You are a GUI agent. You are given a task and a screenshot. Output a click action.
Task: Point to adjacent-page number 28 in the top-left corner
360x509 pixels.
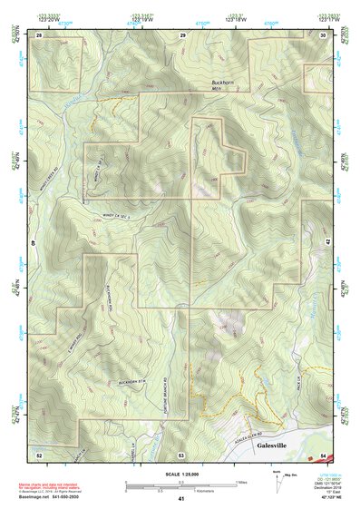(39, 34)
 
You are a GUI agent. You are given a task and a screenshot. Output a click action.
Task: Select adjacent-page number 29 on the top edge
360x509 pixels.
(182, 34)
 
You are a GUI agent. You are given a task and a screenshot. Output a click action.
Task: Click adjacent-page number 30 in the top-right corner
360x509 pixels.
(324, 34)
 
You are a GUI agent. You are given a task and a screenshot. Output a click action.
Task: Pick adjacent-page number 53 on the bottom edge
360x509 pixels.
(181, 453)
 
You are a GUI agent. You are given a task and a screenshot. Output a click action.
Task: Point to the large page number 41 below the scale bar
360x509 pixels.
(181, 498)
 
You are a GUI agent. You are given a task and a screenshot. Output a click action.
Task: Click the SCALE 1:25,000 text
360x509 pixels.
(180, 474)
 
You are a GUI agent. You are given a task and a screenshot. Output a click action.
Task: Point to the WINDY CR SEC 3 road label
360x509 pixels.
(114, 215)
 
